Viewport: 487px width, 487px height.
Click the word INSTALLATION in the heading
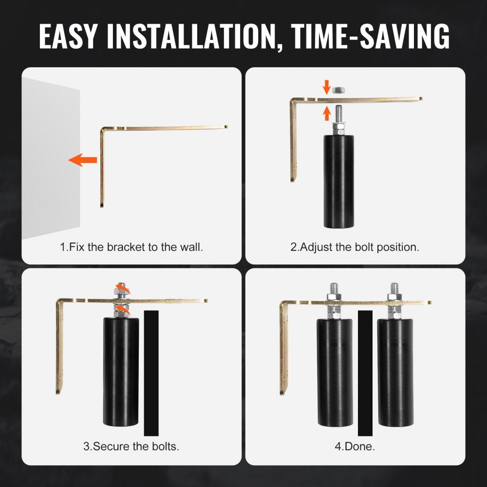(191, 36)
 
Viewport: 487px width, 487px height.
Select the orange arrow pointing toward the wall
(83, 160)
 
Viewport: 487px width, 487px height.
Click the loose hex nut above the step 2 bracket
(339, 91)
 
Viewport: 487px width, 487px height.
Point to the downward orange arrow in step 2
(326, 87)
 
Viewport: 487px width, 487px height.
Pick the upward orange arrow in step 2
(326, 113)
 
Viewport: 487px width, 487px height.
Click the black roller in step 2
(339, 181)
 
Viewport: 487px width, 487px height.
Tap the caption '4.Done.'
(355, 446)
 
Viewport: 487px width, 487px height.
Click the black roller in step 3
(121, 372)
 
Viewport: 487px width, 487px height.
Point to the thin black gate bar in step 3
(151, 373)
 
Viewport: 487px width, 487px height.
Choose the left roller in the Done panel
(335, 373)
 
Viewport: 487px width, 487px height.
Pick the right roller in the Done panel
(395, 373)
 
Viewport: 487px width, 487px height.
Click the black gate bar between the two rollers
(365, 373)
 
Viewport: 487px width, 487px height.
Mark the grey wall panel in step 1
(51, 158)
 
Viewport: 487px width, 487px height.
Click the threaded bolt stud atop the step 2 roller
(339, 114)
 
